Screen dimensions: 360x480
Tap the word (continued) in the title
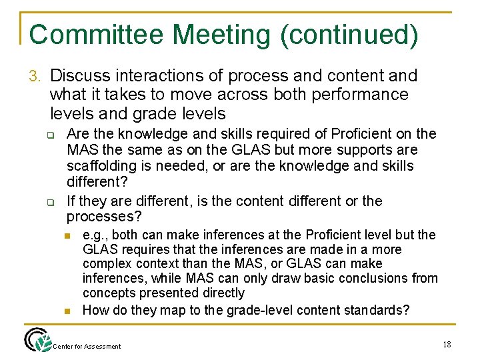click(349, 35)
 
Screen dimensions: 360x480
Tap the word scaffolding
click(101, 165)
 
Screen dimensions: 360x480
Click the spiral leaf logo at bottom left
click(37, 340)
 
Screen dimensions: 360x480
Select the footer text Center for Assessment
click(87, 347)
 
